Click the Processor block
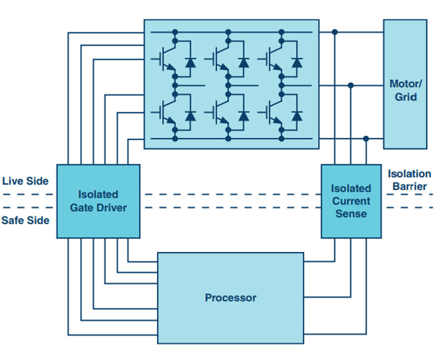(230, 298)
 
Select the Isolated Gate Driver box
(98, 201)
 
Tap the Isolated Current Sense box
(351, 201)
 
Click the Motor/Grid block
(405, 84)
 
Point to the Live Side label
(26, 181)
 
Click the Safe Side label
(25, 220)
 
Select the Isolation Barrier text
(409, 180)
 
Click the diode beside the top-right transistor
(296, 62)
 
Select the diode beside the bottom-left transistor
(190, 116)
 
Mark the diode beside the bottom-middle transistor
(243, 116)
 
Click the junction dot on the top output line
(335, 32)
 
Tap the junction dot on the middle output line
(351, 85)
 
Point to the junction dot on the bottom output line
(366, 139)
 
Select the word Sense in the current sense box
(351, 214)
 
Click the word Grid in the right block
(405, 97)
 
